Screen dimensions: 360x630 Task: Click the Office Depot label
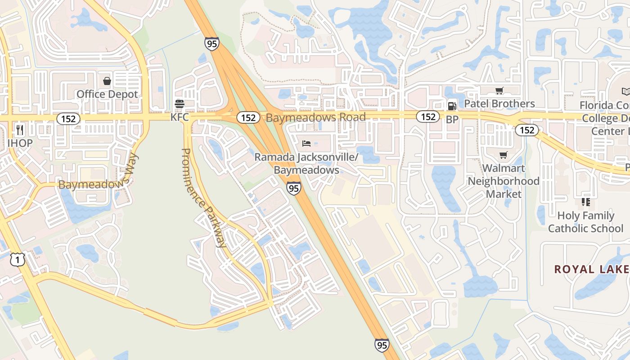107,94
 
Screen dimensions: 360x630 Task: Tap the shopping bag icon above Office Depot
107,81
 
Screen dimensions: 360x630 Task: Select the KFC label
180,117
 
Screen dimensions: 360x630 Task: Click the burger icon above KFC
180,104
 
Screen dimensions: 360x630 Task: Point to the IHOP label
20,143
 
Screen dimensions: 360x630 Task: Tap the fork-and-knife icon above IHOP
20,130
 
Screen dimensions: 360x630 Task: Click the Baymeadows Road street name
315,117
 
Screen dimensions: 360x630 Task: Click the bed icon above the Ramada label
306,144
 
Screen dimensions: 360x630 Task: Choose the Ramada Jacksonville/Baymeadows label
306,164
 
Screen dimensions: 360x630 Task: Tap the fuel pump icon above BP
452,106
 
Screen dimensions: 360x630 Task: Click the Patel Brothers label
499,103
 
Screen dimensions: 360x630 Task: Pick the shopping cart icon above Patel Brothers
499,91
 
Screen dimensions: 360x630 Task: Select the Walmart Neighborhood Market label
504,181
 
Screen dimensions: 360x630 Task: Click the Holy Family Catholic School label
585,222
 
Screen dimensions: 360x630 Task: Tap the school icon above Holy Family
585,202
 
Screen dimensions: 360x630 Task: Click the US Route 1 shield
18,259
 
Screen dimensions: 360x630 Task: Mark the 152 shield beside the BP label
427,117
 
